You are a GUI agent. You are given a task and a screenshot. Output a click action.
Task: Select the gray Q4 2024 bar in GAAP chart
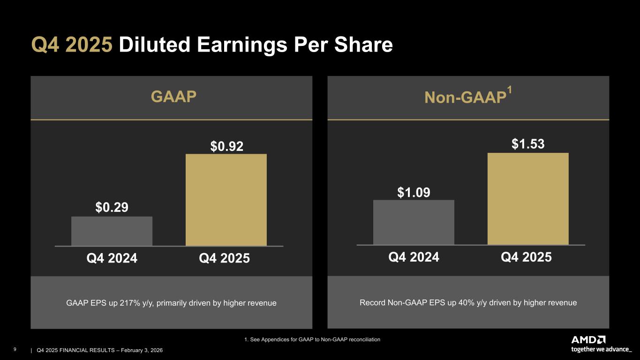[x=112, y=231]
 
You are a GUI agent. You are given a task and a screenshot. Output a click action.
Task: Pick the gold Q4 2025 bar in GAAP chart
[x=226, y=200]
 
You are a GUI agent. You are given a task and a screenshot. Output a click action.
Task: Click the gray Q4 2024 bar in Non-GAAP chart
[x=414, y=222]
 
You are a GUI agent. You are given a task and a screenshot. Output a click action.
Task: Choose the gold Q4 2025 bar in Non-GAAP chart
[x=528, y=198]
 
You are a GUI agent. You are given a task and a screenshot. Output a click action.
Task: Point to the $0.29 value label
[x=112, y=207]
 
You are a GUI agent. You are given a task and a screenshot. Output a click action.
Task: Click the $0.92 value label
[x=226, y=146]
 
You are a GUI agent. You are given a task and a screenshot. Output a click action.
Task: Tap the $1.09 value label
[x=414, y=192]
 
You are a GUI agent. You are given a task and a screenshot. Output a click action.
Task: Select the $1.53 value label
[x=528, y=144]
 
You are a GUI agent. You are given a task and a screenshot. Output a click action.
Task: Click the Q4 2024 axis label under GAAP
[x=112, y=258]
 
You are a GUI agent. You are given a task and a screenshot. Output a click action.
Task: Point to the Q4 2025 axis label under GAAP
[x=224, y=258]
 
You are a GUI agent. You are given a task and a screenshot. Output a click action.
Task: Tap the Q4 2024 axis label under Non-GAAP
[x=414, y=257]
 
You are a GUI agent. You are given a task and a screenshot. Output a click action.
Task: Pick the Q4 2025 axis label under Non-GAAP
[x=526, y=257]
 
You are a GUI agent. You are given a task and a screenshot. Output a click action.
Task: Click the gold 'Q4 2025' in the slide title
[x=72, y=45]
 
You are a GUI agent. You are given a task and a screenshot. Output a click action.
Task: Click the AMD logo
[x=588, y=340]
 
